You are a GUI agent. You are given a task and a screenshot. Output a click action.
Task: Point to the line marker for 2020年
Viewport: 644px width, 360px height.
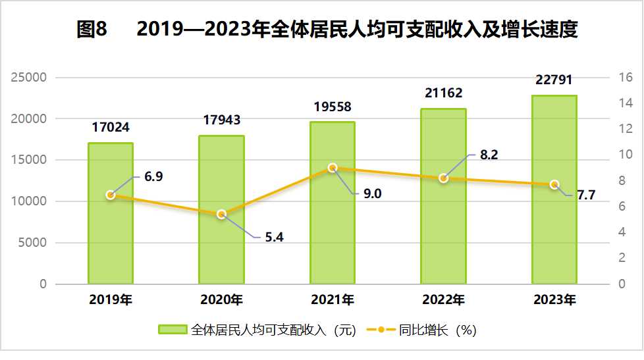click(222, 214)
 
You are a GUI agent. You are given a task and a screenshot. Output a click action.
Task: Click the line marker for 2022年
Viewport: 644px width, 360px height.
click(444, 178)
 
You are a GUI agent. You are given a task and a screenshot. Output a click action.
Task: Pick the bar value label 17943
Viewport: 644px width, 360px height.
click(222, 120)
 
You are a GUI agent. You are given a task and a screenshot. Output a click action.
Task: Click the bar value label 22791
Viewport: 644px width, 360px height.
click(554, 80)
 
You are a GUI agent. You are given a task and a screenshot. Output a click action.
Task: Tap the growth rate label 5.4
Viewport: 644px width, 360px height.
click(274, 238)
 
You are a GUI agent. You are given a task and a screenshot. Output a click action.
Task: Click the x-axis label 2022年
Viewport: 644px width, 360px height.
click(444, 300)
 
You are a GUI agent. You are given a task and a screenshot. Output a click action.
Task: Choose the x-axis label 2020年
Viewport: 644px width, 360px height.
click(222, 300)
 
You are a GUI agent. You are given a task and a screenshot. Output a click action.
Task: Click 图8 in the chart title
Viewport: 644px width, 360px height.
click(92, 30)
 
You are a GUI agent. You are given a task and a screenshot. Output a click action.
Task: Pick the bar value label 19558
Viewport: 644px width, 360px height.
click(333, 107)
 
